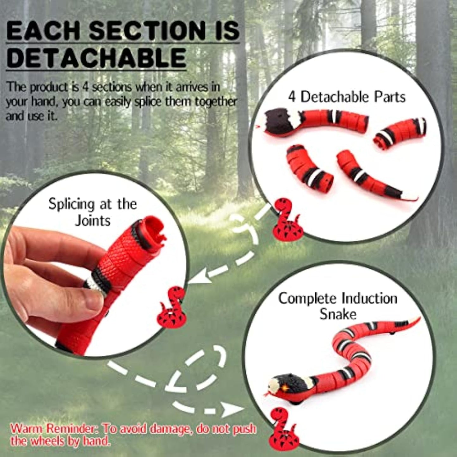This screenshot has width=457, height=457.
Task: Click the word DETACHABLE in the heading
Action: pyautogui.click(x=96, y=58)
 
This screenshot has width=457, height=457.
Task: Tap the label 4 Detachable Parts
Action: pyautogui.click(x=347, y=97)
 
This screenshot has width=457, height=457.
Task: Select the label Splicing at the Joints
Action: pyautogui.click(x=93, y=212)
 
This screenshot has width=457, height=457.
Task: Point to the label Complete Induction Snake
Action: pyautogui.click(x=338, y=306)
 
